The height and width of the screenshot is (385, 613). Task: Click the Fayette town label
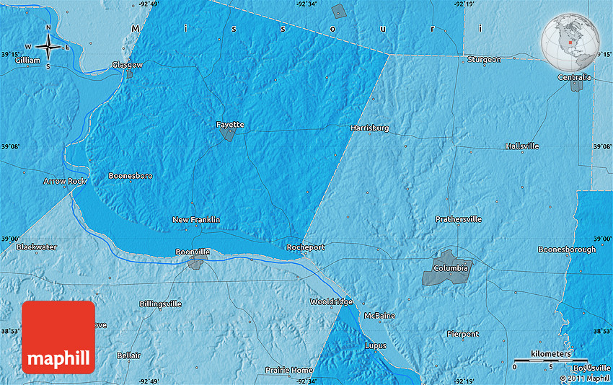click(x=230, y=125)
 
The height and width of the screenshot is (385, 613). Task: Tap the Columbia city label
click(x=451, y=268)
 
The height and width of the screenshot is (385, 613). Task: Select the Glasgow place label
click(x=127, y=65)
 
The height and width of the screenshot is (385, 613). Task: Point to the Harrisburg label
click(x=369, y=128)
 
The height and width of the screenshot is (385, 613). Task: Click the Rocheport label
click(x=306, y=247)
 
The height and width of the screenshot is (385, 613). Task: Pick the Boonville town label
click(x=193, y=252)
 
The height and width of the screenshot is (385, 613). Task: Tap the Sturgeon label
click(x=483, y=59)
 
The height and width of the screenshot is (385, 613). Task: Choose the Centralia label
click(x=574, y=77)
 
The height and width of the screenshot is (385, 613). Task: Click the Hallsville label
click(x=522, y=146)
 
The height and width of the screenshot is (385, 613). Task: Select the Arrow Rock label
click(x=64, y=181)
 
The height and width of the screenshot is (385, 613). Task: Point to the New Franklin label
click(x=196, y=219)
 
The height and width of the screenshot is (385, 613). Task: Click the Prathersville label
click(x=458, y=218)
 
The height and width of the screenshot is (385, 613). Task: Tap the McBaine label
click(x=379, y=316)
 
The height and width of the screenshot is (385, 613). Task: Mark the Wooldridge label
click(x=331, y=301)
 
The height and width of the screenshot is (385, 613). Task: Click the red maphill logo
click(x=58, y=337)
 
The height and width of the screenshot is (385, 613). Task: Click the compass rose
click(x=48, y=47)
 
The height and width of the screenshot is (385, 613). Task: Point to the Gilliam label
click(x=27, y=61)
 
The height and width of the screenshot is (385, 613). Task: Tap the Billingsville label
click(x=160, y=304)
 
